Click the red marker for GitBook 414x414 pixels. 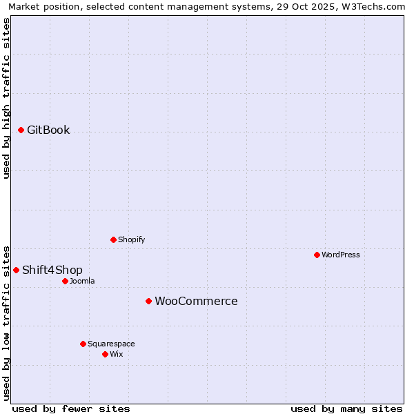pyautogui.click(x=21, y=130)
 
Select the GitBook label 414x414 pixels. pyautogui.click(x=48, y=130)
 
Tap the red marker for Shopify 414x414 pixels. pyautogui.click(x=114, y=239)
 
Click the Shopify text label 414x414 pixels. pyautogui.click(x=131, y=239)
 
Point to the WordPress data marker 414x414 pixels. pyautogui.click(x=317, y=255)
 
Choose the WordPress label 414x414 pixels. pyautogui.click(x=340, y=255)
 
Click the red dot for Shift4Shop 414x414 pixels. pyautogui.click(x=17, y=270)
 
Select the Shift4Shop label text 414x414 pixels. pyautogui.click(x=52, y=270)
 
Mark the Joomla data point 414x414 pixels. pyautogui.click(x=65, y=281)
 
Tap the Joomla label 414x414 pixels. pyautogui.click(x=82, y=281)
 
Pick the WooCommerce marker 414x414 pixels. pyautogui.click(x=148, y=301)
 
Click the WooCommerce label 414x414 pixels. pyautogui.click(x=196, y=302)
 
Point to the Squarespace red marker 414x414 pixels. pyautogui.click(x=83, y=344)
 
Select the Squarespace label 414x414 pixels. pyautogui.click(x=111, y=344)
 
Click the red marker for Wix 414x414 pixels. pyautogui.click(x=105, y=354)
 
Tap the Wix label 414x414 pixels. pyautogui.click(x=117, y=354)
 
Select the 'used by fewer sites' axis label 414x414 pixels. pyautogui.click(x=71, y=408)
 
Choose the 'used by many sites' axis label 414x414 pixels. pyautogui.click(x=346, y=408)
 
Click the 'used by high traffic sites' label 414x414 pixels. pyautogui.click(x=6, y=98)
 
